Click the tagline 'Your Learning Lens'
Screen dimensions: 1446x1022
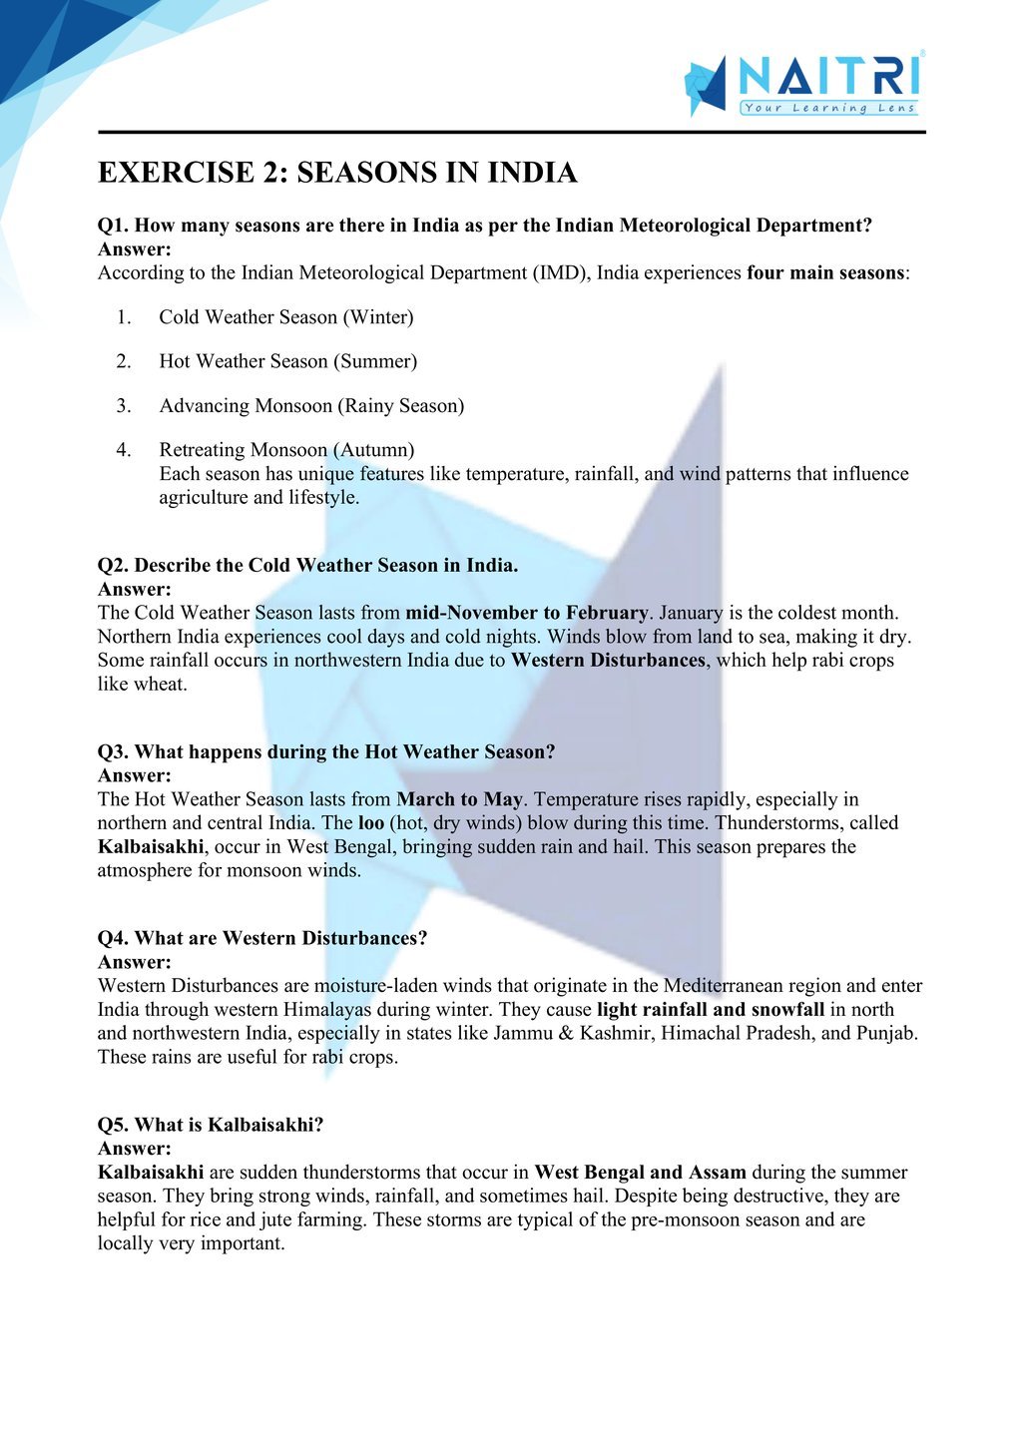(x=828, y=108)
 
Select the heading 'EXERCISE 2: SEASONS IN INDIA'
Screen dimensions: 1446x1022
(x=337, y=173)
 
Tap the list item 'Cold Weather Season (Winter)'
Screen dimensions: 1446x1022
(x=285, y=317)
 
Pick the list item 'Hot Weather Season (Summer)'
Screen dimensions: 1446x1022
(x=287, y=361)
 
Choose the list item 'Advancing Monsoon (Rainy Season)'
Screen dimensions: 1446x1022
(x=311, y=405)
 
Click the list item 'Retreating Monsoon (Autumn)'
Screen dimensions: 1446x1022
(x=286, y=450)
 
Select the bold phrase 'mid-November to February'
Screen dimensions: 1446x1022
(x=527, y=613)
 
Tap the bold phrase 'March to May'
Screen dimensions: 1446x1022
(x=459, y=799)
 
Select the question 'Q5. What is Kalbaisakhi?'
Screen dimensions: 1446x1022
(x=211, y=1125)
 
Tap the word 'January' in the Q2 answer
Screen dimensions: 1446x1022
(x=691, y=613)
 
